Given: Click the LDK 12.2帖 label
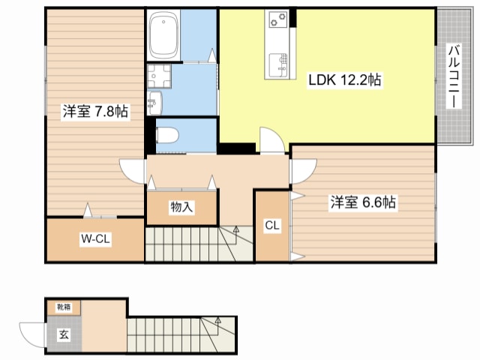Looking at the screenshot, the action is pos(345,80).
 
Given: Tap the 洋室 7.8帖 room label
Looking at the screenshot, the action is pos(95,112).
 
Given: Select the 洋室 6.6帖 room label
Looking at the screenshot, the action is pos(363,202).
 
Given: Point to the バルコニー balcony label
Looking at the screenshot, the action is pos(454,76).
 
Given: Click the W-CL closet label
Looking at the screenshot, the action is pos(95,238).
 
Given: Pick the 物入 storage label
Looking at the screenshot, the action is pos(181,207).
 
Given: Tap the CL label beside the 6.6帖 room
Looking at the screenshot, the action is pos(272,226).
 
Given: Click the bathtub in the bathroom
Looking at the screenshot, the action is pos(163,35).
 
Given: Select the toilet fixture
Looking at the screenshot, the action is pos(167,135).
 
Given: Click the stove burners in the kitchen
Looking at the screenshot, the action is pos(278,19).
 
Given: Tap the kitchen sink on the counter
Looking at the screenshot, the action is pos(278,65).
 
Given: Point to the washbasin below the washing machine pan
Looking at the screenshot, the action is pos(155,103).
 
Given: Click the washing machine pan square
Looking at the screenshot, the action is pos(159,76).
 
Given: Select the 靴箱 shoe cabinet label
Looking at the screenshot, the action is pos(64,307).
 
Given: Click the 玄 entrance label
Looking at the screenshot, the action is pos(64,334).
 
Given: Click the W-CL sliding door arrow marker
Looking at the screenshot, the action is pos(88,210).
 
